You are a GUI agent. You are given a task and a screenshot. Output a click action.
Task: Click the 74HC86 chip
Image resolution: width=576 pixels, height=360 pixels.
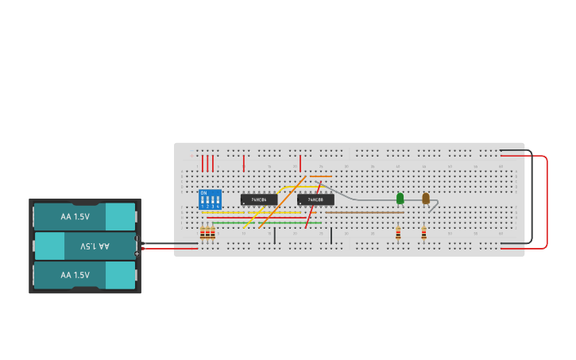click(259, 199)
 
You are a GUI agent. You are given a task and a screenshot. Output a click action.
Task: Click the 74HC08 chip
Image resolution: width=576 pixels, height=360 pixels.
click(315, 199)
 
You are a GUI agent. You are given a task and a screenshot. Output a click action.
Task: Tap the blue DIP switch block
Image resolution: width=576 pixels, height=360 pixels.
click(210, 199)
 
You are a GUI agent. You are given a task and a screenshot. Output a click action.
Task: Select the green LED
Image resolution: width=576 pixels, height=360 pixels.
click(400, 198)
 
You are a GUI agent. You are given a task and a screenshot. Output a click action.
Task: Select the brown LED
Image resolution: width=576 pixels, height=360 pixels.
click(426, 198)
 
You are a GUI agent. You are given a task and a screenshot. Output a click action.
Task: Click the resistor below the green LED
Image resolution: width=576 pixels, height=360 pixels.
click(398, 233)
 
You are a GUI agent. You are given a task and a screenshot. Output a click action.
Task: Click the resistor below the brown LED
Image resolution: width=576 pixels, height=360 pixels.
click(423, 233)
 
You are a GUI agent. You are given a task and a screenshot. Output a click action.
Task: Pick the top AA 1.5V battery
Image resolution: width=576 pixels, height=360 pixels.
click(84, 216)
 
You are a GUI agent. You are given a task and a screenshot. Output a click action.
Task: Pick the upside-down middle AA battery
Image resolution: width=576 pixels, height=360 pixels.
click(84, 246)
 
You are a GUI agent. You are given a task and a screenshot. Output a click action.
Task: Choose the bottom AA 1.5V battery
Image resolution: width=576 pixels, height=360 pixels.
click(84, 275)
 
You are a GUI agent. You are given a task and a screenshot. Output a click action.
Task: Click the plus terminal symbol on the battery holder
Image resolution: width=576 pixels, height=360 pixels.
click(137, 254)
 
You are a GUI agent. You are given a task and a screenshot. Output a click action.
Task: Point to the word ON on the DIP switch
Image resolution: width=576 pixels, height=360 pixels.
click(203, 193)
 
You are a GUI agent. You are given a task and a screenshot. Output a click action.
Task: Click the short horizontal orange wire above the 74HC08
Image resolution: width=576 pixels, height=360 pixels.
click(321, 176)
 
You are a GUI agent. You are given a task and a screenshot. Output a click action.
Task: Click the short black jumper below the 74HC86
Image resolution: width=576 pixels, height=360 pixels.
click(275, 235)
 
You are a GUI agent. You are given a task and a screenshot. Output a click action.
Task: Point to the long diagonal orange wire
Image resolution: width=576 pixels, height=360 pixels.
click(282, 202)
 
